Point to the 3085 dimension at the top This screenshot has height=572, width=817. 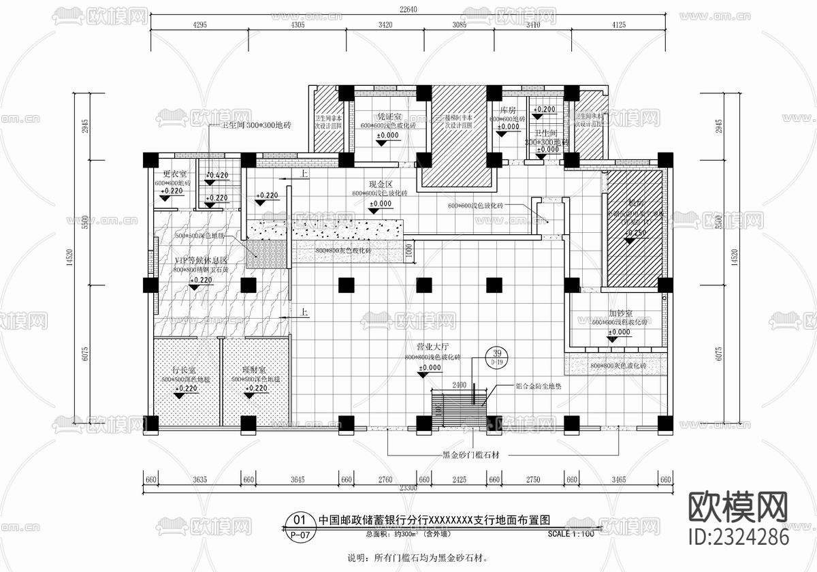coord(460,25)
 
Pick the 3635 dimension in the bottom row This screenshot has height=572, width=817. coord(199,479)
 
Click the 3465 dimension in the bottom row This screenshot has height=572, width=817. coord(618,479)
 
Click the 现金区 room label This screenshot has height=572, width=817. coord(381,184)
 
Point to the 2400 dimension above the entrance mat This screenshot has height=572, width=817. coord(459,385)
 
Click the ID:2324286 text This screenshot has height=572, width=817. coord(739,537)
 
